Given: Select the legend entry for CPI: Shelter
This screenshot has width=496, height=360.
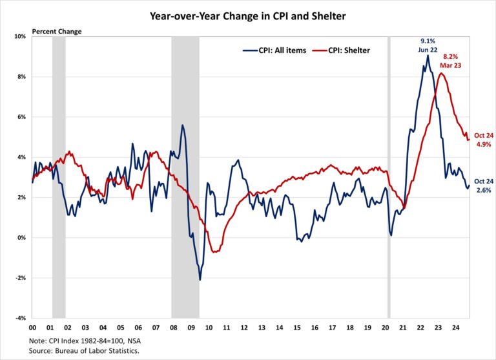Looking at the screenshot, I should click(340, 50).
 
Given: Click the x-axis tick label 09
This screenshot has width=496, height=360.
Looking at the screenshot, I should click(192, 328).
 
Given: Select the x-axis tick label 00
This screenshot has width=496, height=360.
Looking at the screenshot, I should click(32, 328).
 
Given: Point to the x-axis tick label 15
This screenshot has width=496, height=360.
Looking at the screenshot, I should click(297, 328).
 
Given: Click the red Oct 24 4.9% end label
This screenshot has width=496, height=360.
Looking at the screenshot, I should click(482, 140).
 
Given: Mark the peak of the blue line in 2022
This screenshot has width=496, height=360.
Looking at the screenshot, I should click(428, 56).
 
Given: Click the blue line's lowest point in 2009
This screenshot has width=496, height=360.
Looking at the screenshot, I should click(200, 279).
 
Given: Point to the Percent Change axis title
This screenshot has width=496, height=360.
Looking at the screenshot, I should click(52, 30).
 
